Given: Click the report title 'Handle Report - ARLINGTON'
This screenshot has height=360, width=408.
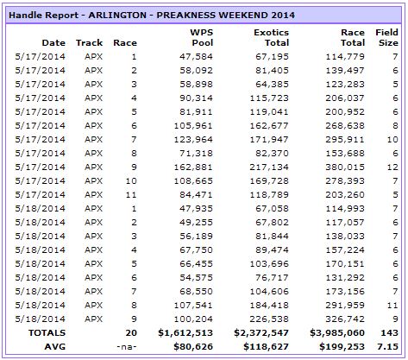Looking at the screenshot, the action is pyautogui.click(x=78, y=15).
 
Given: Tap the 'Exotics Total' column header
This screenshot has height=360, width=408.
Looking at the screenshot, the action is pyautogui.click(x=271, y=37).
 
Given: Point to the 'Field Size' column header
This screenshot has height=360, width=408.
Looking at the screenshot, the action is pyautogui.click(x=386, y=37).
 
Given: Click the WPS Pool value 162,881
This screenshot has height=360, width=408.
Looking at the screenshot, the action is pyautogui.click(x=193, y=167).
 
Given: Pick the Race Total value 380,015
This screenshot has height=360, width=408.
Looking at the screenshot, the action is pyautogui.click(x=345, y=167).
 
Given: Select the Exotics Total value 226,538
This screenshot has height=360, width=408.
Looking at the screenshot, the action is pyautogui.click(x=269, y=319).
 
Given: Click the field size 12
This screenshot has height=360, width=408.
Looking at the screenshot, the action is pyautogui.click(x=392, y=167).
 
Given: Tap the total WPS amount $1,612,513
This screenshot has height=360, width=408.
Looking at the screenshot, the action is pyautogui.click(x=185, y=333).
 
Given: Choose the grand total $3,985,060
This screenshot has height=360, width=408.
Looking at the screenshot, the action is pyautogui.click(x=337, y=333).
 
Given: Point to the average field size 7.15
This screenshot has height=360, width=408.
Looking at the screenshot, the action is pyautogui.click(x=387, y=347).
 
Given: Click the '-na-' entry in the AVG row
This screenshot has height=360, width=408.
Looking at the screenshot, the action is pyautogui.click(x=127, y=347).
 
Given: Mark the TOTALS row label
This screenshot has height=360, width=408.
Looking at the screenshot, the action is pyautogui.click(x=47, y=333).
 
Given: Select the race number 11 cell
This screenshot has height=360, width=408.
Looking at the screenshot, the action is pyautogui.click(x=131, y=195).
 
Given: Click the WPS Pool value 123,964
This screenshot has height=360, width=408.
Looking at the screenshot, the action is pyautogui.click(x=193, y=140).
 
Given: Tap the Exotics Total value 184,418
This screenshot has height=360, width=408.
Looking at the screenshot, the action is pyautogui.click(x=269, y=306).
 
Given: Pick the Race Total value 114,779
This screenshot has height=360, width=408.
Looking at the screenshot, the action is pyautogui.click(x=345, y=57).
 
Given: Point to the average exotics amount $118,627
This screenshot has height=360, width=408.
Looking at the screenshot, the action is pyautogui.click(x=266, y=347).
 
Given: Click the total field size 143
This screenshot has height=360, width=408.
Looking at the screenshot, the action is pyautogui.click(x=390, y=333).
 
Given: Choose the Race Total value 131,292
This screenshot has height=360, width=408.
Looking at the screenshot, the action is pyautogui.click(x=345, y=278).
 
